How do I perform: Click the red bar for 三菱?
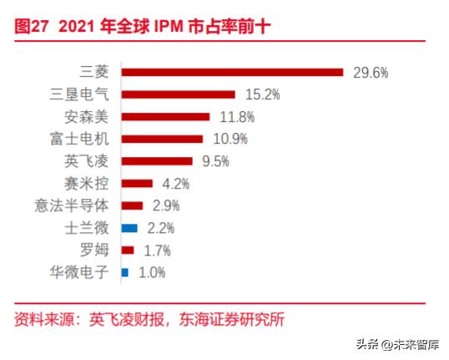click(x=232, y=72)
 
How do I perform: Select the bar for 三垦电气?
click(x=179, y=94)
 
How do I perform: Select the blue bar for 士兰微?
click(x=129, y=227)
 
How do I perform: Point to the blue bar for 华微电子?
click(x=125, y=271)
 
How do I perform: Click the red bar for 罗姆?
click(x=128, y=250)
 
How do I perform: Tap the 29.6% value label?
click(x=371, y=73)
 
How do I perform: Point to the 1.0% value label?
click(x=152, y=272)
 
